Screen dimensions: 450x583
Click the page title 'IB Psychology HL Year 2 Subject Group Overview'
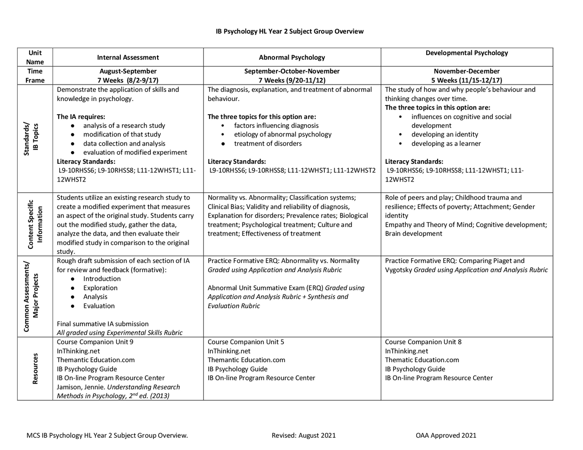[290, 31]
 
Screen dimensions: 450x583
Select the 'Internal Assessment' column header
[128, 57]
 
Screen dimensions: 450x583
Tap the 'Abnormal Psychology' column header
[292, 57]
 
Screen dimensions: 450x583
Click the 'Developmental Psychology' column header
[467, 53]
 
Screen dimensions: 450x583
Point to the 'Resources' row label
[35, 369]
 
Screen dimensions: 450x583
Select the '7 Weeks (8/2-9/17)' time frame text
[128, 81]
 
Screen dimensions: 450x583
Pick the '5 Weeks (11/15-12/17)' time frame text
[467, 81]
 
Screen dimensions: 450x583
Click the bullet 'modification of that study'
[122, 134]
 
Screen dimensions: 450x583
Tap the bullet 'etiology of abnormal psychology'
[282, 134]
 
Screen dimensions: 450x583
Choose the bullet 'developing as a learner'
[446, 143]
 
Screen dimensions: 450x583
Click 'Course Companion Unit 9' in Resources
[95, 342]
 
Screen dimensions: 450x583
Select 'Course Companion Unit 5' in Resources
[246, 342]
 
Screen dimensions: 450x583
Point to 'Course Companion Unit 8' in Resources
[423, 342]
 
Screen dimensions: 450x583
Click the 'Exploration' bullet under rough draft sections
[100, 288]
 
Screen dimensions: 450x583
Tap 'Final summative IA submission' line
[102, 324]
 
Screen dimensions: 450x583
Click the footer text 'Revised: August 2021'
[303, 435]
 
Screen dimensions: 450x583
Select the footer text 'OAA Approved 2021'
[446, 435]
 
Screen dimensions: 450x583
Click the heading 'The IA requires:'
[81, 116]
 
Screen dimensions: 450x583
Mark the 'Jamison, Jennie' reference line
[118, 387]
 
